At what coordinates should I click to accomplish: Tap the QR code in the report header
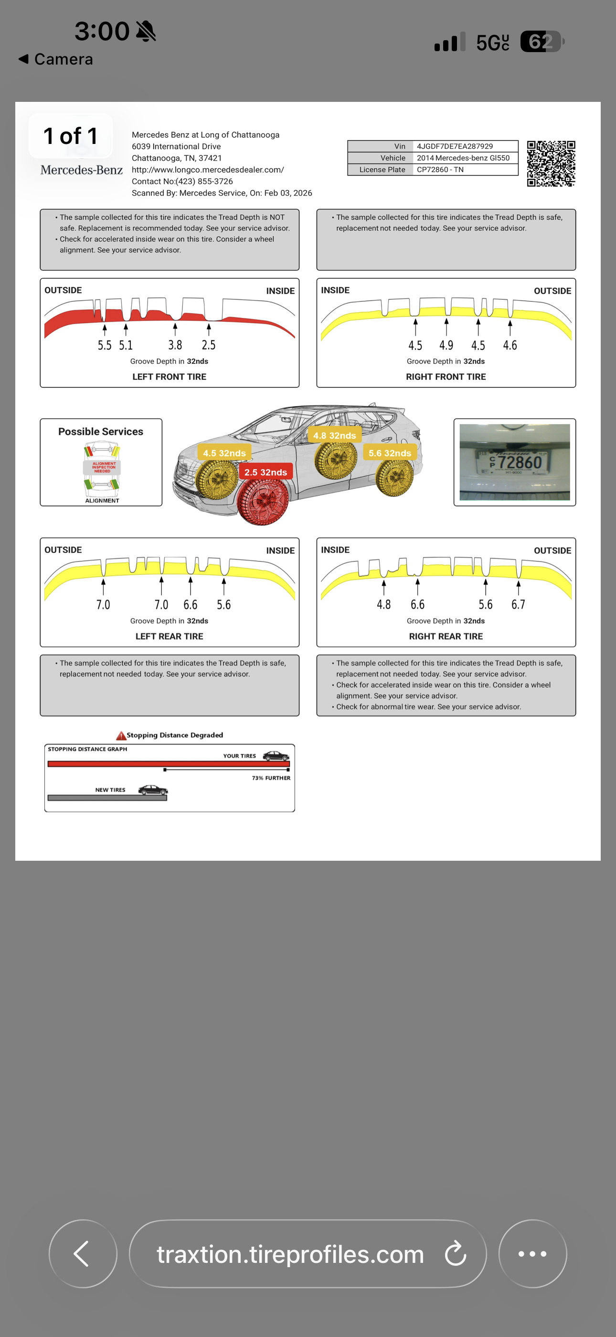tap(551, 164)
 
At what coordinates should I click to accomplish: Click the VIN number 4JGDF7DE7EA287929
tap(455, 146)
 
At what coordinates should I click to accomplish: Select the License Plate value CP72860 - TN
tap(440, 170)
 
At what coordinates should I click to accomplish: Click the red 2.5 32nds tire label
tap(266, 472)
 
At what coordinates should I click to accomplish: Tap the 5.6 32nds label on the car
tap(389, 453)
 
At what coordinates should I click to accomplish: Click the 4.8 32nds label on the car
tap(334, 436)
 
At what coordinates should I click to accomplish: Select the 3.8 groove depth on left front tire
tap(175, 345)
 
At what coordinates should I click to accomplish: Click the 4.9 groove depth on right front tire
tap(446, 345)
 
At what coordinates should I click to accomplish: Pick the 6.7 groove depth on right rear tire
tap(518, 604)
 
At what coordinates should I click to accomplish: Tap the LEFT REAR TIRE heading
tap(169, 636)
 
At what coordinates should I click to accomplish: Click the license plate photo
tap(514, 462)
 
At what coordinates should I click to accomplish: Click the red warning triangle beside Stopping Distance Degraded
tap(121, 735)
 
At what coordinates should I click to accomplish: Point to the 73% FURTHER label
tap(271, 778)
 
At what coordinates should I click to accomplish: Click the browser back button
tap(83, 1253)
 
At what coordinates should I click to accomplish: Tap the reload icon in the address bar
tap(455, 1253)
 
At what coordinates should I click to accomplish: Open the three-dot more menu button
tap(532, 1253)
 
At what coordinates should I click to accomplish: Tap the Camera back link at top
tap(56, 59)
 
